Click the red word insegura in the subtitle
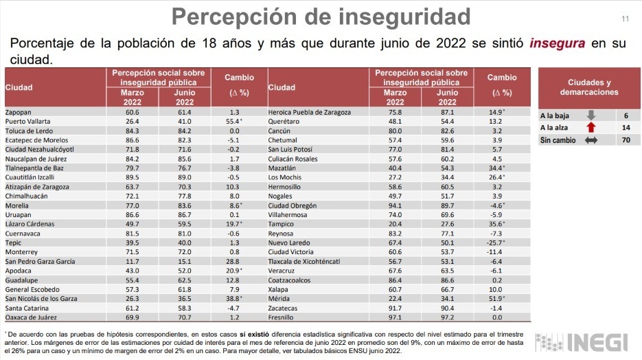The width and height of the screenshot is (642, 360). point(557,43)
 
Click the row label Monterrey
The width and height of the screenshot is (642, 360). point(21,252)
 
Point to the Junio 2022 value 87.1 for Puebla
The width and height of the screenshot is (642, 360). point(447,111)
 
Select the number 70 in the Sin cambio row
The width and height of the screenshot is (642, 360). point(626,140)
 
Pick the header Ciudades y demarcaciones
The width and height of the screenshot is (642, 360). point(588,87)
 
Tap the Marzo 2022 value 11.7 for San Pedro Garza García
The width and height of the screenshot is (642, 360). point(133,262)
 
